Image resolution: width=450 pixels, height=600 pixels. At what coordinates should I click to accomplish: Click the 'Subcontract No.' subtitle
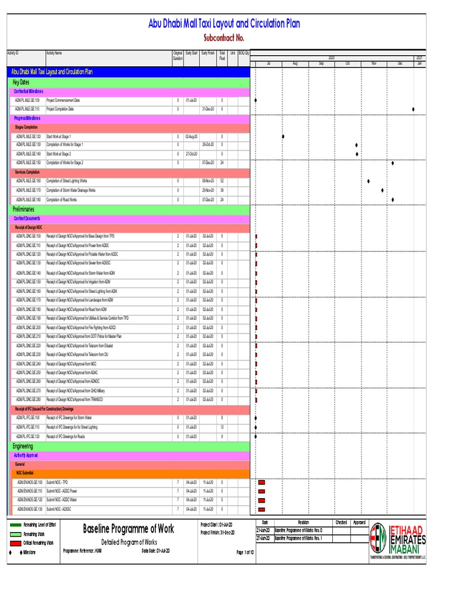coord(223,38)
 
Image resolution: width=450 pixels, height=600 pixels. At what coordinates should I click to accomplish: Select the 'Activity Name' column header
coord(54,53)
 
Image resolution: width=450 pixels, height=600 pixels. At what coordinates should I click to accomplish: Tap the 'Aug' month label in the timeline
coord(295,63)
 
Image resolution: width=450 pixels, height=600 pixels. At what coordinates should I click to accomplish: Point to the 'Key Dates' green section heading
coord(21,83)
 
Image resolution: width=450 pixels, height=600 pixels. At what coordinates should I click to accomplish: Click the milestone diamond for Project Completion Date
coord(414,110)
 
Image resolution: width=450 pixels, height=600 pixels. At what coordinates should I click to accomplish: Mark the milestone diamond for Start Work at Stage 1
coord(283,137)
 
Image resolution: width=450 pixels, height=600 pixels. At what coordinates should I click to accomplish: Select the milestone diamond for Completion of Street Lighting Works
coord(369,182)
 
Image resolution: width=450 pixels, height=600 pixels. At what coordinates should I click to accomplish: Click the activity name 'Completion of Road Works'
coord(62,200)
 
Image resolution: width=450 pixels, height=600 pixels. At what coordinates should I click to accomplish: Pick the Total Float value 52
coord(222,182)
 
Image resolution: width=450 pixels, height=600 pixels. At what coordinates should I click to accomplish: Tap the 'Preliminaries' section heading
coord(23,209)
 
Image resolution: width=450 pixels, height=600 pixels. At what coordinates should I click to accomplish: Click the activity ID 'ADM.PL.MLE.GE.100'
coord(28,101)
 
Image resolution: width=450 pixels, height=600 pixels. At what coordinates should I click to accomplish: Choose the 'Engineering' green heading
coord(23,446)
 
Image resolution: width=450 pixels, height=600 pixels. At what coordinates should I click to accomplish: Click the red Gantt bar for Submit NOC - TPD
coord(261,482)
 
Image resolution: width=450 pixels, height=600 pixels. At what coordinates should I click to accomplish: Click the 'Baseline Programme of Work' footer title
coord(128,529)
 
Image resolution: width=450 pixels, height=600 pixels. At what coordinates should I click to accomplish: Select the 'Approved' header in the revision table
coord(359,522)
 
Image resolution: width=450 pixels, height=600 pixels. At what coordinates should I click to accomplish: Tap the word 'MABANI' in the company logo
coord(410,549)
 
